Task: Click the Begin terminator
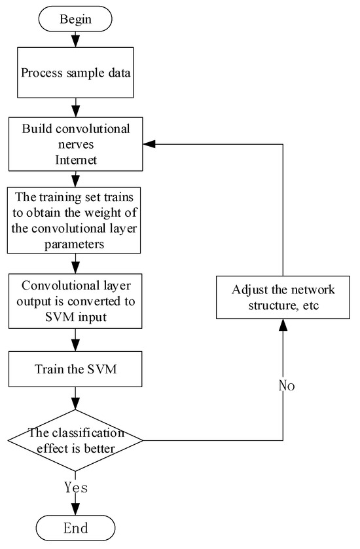coord(75,19)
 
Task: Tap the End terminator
coord(75,527)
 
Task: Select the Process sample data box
coord(75,73)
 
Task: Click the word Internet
coord(76,160)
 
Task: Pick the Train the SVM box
coord(75,369)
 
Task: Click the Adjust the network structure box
coord(283,297)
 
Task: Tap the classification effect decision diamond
coord(75,440)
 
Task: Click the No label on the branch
coord(287,385)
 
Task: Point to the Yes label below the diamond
coord(76,487)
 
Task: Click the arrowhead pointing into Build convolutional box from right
coord(149,144)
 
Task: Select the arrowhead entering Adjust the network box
coord(283,325)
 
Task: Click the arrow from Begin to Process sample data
coord(75,39)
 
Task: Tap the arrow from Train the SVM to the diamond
coord(75,398)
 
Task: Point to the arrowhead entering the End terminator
coord(75,510)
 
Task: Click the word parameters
coord(74,244)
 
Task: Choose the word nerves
coord(76,145)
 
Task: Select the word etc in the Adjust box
coord(311,306)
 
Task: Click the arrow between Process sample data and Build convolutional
coord(75,107)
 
